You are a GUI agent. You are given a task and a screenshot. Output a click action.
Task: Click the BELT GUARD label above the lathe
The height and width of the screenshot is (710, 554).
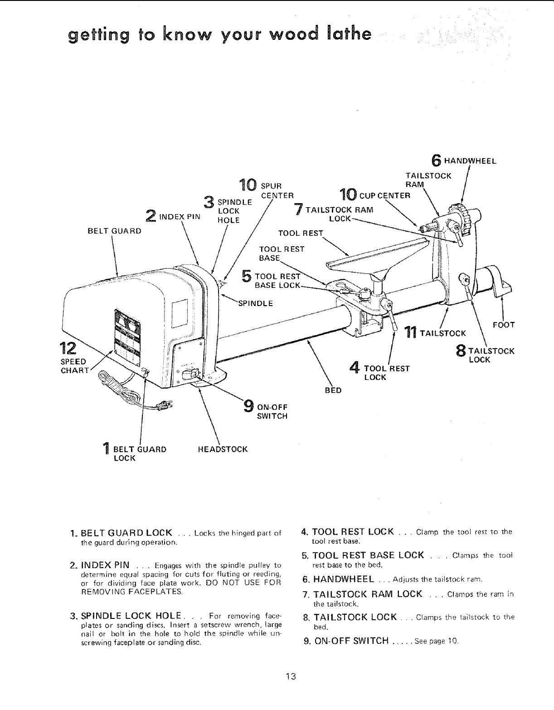tap(114, 230)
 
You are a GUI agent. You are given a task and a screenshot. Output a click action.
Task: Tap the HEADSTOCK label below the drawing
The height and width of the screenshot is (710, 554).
tap(223, 449)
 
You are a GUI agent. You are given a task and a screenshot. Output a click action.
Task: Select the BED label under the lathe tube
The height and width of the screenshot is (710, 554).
tap(333, 390)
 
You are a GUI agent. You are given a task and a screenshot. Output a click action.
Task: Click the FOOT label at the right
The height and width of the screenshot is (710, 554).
tap(503, 325)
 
